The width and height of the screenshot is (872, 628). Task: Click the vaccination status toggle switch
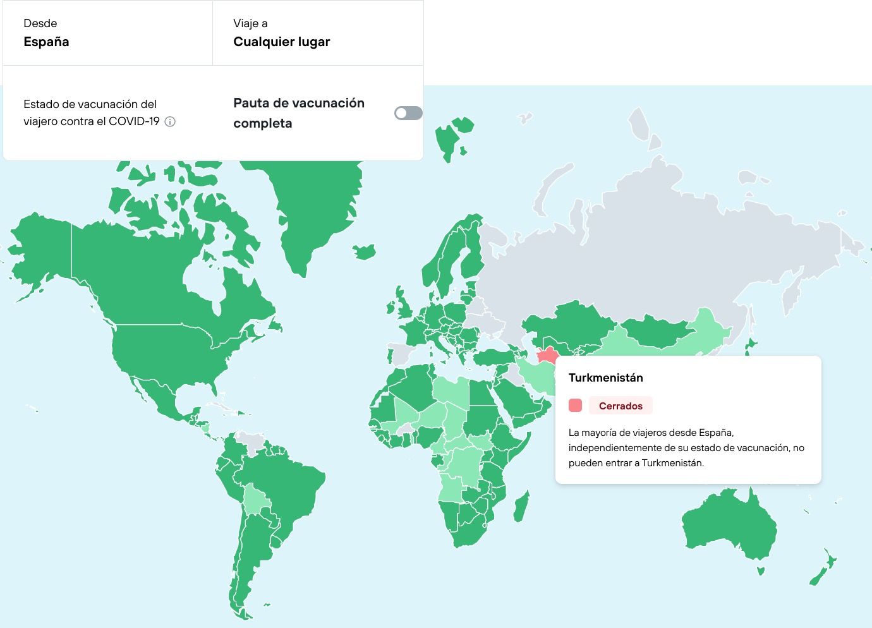pos(408,113)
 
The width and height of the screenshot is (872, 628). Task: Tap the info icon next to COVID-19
pos(170,121)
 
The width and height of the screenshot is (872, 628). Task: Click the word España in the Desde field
pos(46,42)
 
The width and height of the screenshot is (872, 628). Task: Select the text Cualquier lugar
pos(281,42)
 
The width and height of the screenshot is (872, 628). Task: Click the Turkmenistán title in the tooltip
pos(605,378)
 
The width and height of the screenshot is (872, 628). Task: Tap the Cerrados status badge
pos(620,406)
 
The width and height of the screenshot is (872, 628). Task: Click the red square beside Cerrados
pos(575,406)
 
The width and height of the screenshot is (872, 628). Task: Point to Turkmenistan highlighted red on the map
pos(547,355)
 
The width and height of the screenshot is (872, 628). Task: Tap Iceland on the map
pos(365,251)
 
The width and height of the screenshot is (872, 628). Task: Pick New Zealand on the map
pos(821,572)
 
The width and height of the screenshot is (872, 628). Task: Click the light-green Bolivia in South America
pos(256,499)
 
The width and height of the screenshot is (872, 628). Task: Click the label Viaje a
pos(250,23)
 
